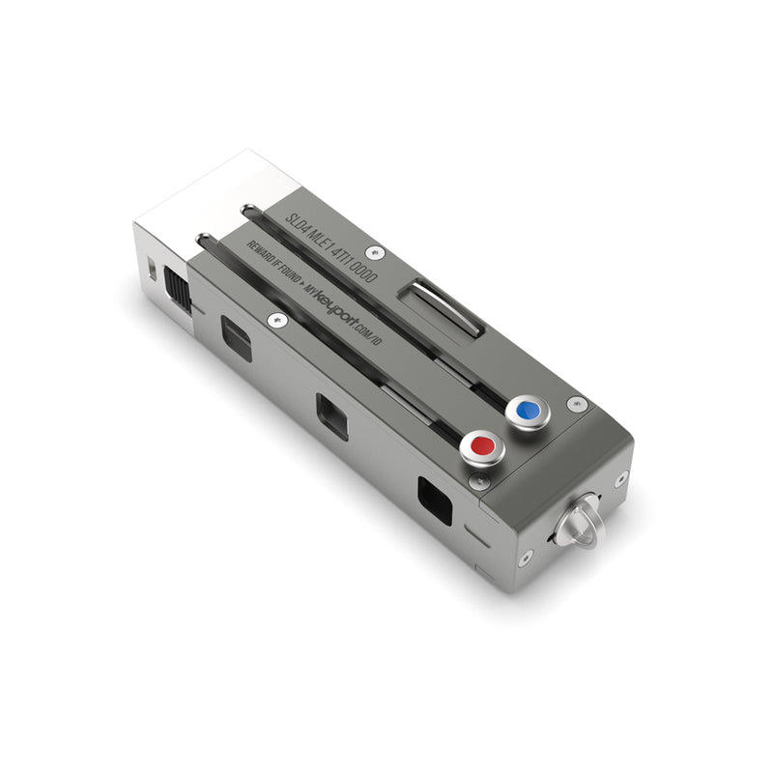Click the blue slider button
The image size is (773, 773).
point(527,411)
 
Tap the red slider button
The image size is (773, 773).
point(480,445)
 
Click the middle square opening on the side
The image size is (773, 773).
point(332,416)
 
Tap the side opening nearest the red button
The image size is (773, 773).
point(435,500)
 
